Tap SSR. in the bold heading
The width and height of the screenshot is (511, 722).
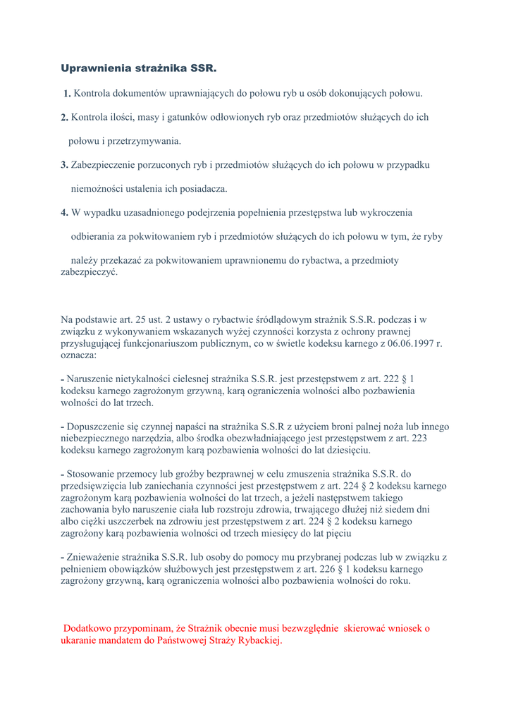click(204, 68)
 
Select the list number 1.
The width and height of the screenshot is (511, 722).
click(66, 93)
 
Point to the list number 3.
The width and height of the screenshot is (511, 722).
click(64, 165)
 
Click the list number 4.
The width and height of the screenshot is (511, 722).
click(64, 213)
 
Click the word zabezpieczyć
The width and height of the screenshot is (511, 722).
click(90, 272)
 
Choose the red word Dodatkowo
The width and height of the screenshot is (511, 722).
click(90, 628)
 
